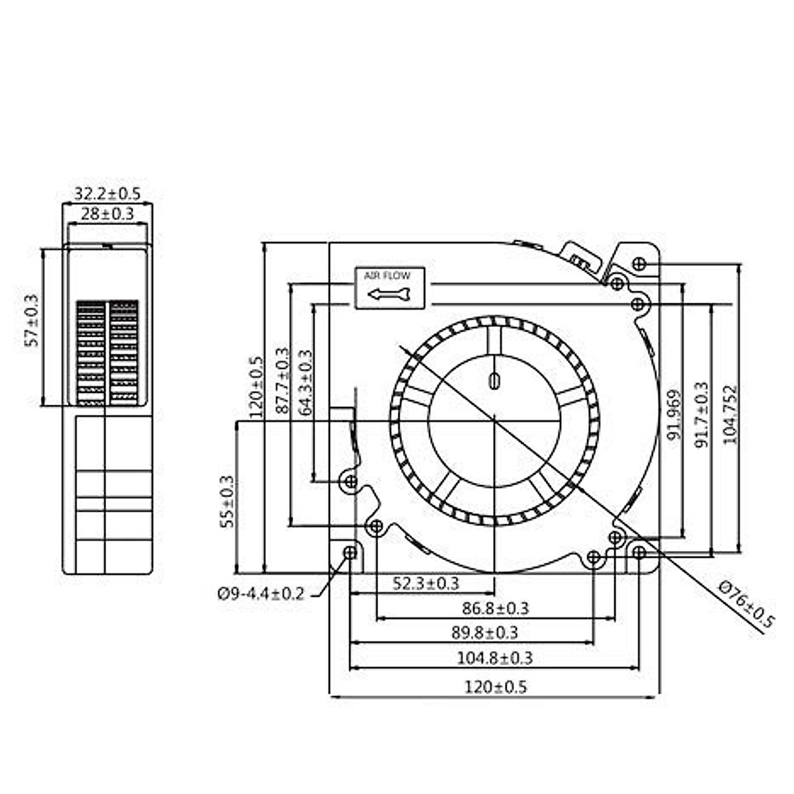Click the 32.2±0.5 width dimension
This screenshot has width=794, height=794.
(x=107, y=194)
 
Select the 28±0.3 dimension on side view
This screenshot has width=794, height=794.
(x=107, y=214)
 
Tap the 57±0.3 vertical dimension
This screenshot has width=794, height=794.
(x=32, y=321)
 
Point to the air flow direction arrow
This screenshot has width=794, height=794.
(x=389, y=294)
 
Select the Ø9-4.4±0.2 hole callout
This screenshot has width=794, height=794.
(x=261, y=594)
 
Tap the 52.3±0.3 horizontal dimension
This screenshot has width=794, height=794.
(x=425, y=583)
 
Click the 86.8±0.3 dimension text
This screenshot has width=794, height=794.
(x=495, y=608)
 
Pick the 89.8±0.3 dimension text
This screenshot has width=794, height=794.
(x=484, y=633)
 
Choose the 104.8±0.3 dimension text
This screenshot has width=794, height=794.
(x=494, y=658)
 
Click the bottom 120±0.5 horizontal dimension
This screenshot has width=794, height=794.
(x=495, y=687)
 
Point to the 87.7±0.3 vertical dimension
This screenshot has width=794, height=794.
(x=283, y=381)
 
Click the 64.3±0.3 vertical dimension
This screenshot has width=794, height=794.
(x=306, y=382)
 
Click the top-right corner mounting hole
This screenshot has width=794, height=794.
(x=639, y=263)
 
